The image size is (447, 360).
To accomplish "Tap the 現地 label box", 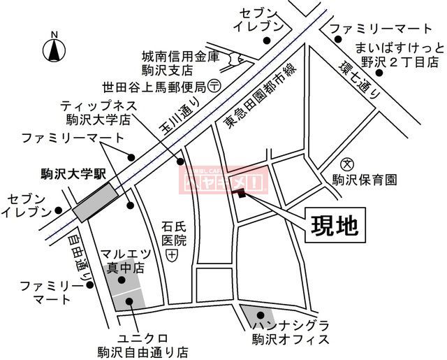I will coord(334,225).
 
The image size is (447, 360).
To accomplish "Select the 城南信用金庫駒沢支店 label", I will coord(170,63).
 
